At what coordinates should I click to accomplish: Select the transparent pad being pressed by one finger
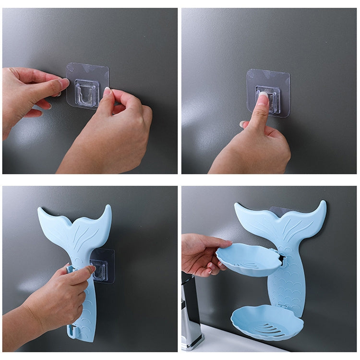269,91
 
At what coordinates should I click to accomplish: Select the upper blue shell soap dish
248,259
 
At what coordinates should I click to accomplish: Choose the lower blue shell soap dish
267,322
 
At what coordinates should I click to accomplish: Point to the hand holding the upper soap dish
202,254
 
